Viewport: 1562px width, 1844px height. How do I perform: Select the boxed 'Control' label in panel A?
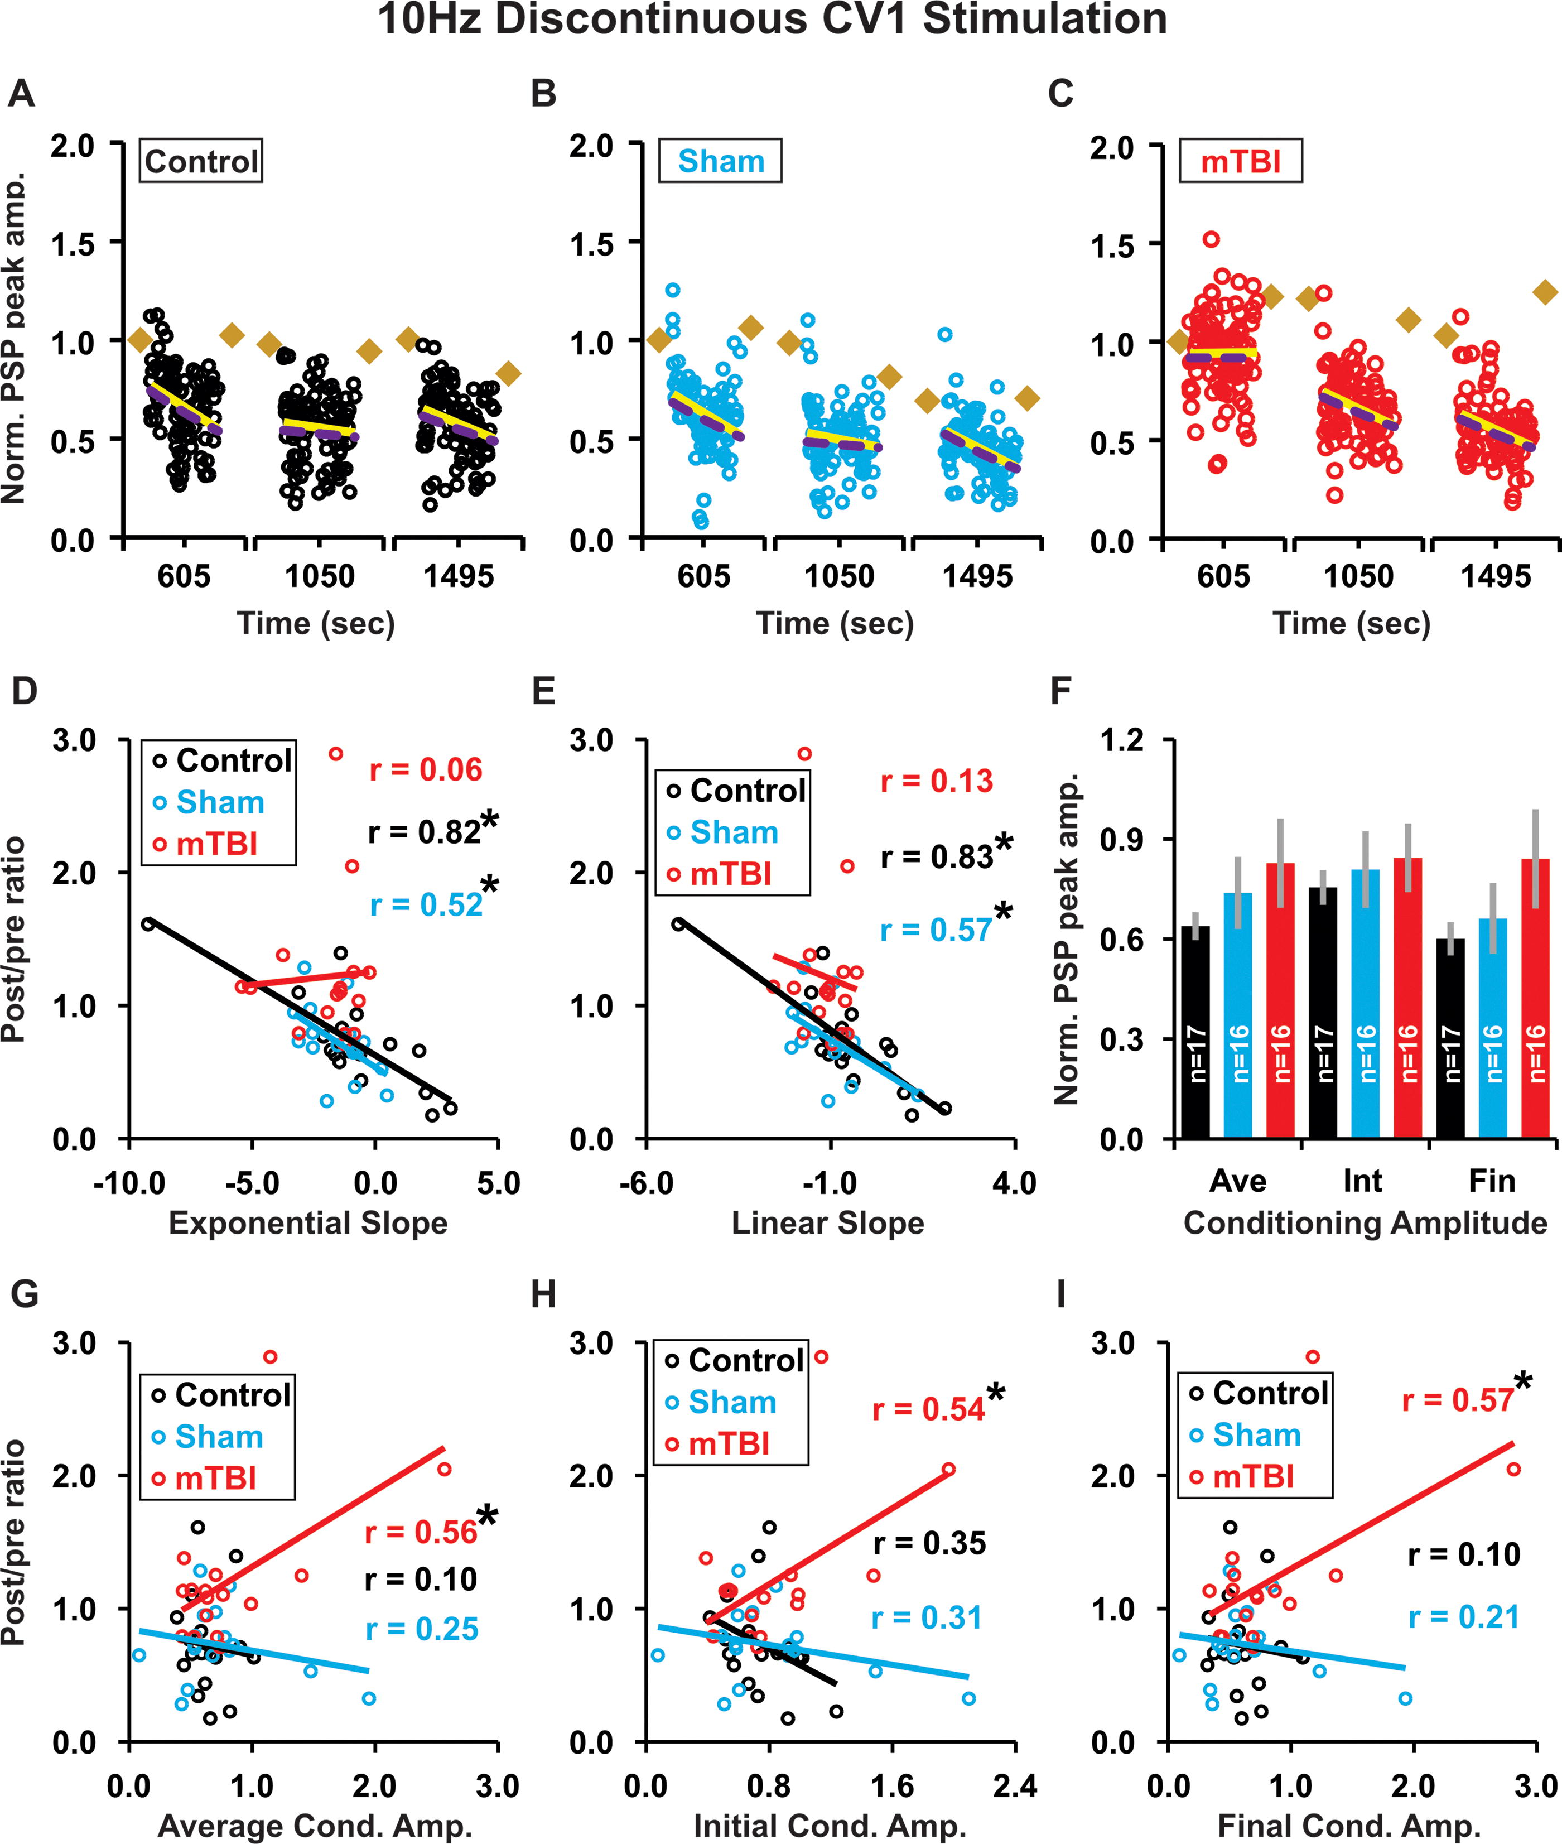201,161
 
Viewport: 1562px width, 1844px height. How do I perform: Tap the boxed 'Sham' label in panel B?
720,161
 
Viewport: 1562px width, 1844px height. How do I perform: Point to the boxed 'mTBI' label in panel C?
1241,161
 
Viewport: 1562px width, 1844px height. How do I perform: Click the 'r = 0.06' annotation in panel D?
426,769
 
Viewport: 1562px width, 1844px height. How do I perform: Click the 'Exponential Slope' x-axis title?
308,1222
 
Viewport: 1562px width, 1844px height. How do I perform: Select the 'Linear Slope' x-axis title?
828,1222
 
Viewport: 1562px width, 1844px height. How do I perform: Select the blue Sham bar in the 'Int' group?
1366,1004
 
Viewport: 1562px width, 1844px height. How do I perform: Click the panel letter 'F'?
1062,691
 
